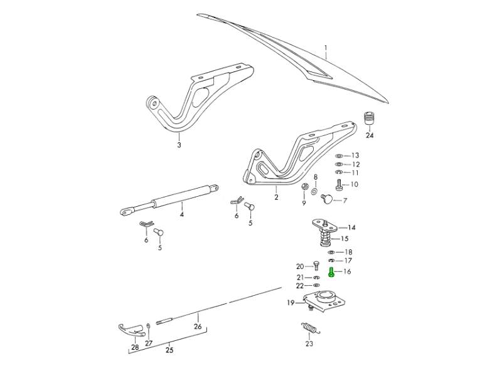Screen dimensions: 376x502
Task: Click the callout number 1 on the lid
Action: [326, 48]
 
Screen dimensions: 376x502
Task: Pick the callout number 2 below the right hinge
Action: [275, 197]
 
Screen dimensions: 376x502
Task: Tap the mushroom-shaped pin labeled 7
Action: [327, 199]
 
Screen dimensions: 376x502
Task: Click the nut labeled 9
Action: [304, 187]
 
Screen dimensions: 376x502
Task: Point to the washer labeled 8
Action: [315, 189]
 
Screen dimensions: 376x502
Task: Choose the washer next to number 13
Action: [339, 155]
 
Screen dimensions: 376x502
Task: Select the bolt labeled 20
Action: [315, 267]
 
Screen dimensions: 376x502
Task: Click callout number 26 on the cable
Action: [198, 326]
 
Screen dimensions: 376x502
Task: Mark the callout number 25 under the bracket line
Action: [169, 350]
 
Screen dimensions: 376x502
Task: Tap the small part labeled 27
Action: [148, 328]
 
